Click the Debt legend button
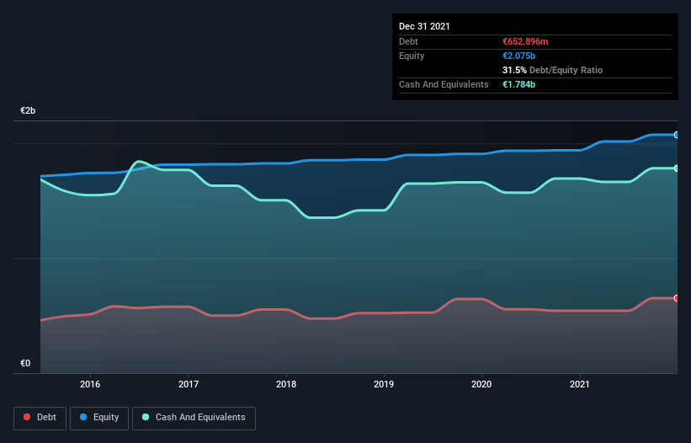click(40, 417)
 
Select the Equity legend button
click(99, 417)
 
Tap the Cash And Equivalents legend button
click(194, 417)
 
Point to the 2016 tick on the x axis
click(90, 384)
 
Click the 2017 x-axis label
click(189, 384)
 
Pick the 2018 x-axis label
click(286, 384)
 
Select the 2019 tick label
click(384, 384)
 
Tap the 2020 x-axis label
click(481, 384)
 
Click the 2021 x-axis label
click(580, 384)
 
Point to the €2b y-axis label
click(29, 111)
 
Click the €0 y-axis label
click(25, 364)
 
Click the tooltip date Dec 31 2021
click(424, 26)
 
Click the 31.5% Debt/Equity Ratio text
click(551, 70)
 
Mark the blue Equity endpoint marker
click(676, 135)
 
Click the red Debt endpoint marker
click(676, 298)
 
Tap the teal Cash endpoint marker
click(676, 168)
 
